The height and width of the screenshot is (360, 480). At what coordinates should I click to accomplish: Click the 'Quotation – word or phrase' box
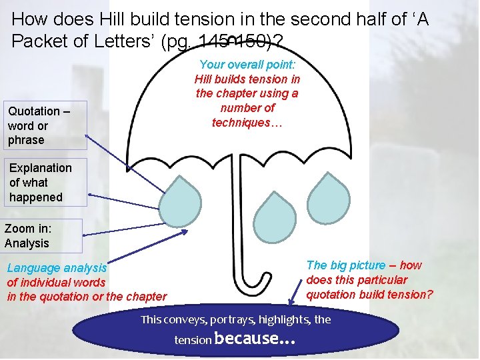(x=44, y=125)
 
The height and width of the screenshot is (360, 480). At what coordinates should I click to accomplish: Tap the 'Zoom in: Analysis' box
(x=41, y=235)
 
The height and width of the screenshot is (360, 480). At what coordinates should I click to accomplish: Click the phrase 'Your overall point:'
(x=247, y=65)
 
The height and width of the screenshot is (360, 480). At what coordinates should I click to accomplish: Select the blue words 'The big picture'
(x=345, y=265)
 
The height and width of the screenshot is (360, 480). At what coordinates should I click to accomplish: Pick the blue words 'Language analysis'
(x=57, y=268)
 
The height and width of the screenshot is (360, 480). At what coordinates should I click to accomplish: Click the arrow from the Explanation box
(x=127, y=197)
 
